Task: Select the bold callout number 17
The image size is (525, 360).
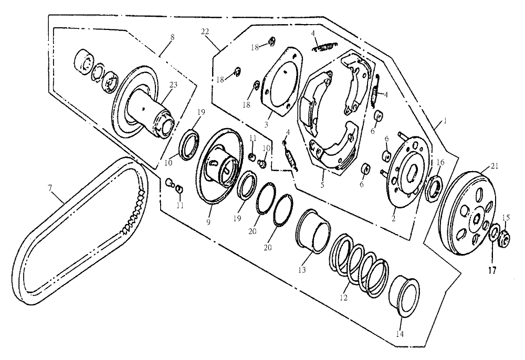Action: pyautogui.click(x=492, y=270)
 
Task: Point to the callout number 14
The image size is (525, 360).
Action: pyautogui.click(x=400, y=334)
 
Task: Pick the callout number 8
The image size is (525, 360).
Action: pyautogui.click(x=172, y=37)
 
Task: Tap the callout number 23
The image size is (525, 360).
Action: pyautogui.click(x=173, y=84)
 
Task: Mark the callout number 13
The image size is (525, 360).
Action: pyautogui.click(x=302, y=270)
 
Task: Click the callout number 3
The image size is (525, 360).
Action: pyautogui.click(x=266, y=125)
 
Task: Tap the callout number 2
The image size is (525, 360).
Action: pyautogui.click(x=393, y=219)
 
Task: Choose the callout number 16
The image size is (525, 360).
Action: pyautogui.click(x=440, y=163)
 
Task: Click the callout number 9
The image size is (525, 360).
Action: pyautogui.click(x=208, y=222)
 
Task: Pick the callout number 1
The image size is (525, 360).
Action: pyautogui.click(x=445, y=121)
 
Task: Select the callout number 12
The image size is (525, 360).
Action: pyautogui.click(x=343, y=298)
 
